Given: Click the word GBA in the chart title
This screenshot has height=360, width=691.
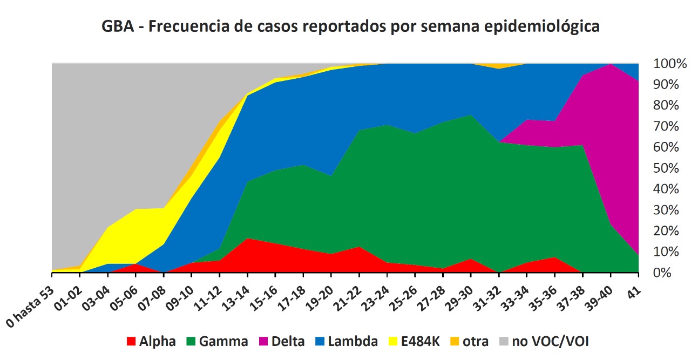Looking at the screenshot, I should [118, 26].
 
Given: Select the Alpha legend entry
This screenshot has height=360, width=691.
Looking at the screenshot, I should [151, 341].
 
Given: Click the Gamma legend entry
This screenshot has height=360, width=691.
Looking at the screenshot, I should [216, 341].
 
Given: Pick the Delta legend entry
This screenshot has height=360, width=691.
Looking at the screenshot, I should [281, 341].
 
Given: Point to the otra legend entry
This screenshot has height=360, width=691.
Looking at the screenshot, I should [470, 341].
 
